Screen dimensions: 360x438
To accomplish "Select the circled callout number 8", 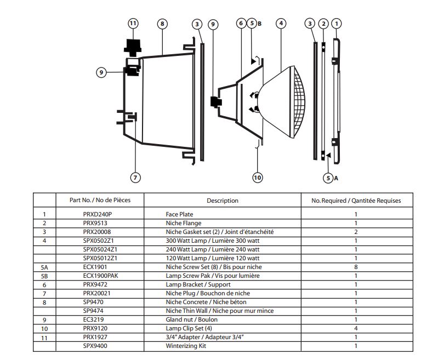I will pyautogui.click(x=162, y=24).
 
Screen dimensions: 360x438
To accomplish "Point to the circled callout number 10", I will pyautogui.click(x=257, y=177).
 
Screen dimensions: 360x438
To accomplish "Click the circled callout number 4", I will pyautogui.click(x=281, y=24).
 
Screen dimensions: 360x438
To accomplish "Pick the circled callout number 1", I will pyautogui.click(x=337, y=24).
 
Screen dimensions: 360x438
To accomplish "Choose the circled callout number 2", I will pyautogui.click(x=323, y=24).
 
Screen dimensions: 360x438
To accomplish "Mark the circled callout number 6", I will pyautogui.click(x=241, y=24).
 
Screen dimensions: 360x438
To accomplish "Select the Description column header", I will pyautogui.click(x=222, y=201).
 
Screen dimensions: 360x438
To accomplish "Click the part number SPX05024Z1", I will pyautogui.click(x=100, y=250).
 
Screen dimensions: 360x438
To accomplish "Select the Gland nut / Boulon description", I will pyautogui.click(x=192, y=319).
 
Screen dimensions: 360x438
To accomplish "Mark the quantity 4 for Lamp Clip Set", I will pyautogui.click(x=356, y=328).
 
